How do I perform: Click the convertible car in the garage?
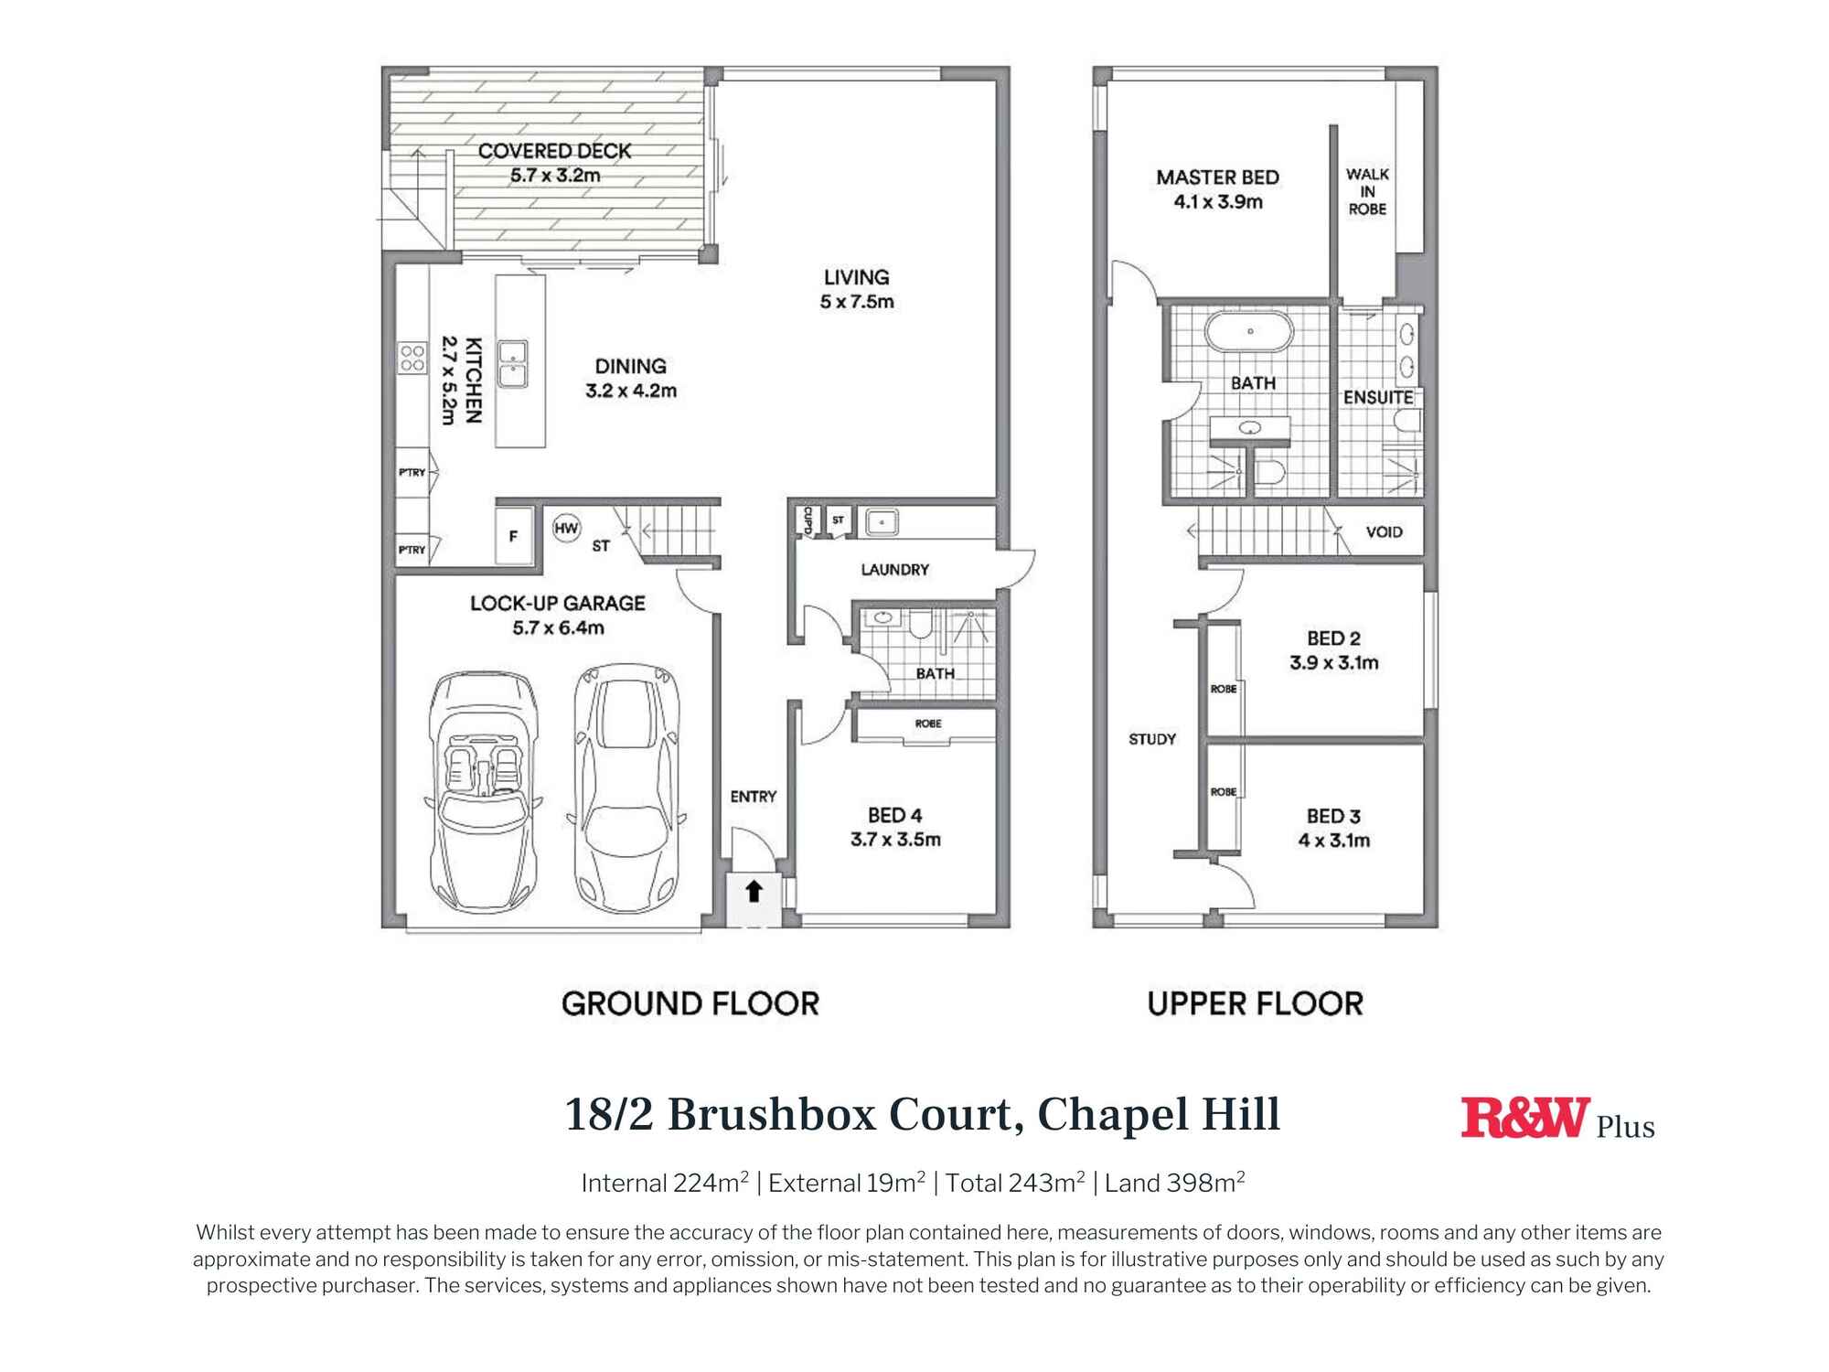coord(482,791)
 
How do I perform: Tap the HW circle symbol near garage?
coord(566,528)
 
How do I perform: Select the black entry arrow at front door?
coord(754,891)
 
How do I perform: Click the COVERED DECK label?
coord(554,151)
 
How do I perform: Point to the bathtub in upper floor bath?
coord(1249,331)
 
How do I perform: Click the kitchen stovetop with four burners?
coord(412,359)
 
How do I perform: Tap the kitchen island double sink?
coord(512,364)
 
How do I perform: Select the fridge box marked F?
coord(513,537)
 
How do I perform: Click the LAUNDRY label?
coord(894,570)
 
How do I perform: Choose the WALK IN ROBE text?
coord(1367,191)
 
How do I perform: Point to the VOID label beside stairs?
coord(1384,532)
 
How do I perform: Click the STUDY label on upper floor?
coord(1152,739)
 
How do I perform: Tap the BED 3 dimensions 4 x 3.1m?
coord(1333,841)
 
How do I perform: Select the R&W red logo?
coord(1525,1118)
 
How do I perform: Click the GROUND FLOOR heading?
coord(690,1004)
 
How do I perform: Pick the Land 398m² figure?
coord(1174,1183)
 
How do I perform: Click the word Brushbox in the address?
coord(772,1115)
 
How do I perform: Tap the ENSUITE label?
coord(1378,398)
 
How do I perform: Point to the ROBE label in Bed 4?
coord(927,724)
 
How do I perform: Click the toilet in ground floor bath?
coord(919,625)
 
